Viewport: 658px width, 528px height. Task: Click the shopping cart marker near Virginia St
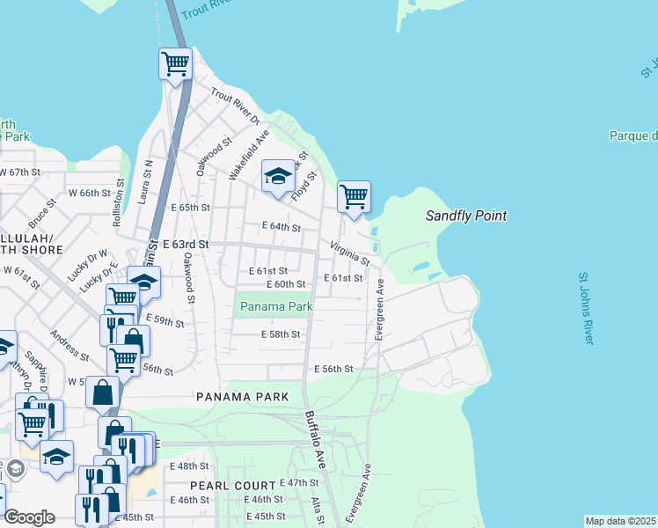(354, 196)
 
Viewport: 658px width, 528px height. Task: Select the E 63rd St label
(186, 244)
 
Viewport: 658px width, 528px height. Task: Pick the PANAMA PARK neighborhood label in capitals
(243, 397)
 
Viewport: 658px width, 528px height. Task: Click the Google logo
(29, 517)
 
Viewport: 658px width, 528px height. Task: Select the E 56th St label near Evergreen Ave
(333, 369)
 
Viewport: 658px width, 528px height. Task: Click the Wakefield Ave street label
(248, 155)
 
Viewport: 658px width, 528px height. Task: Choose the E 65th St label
(191, 208)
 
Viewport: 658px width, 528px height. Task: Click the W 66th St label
(92, 193)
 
